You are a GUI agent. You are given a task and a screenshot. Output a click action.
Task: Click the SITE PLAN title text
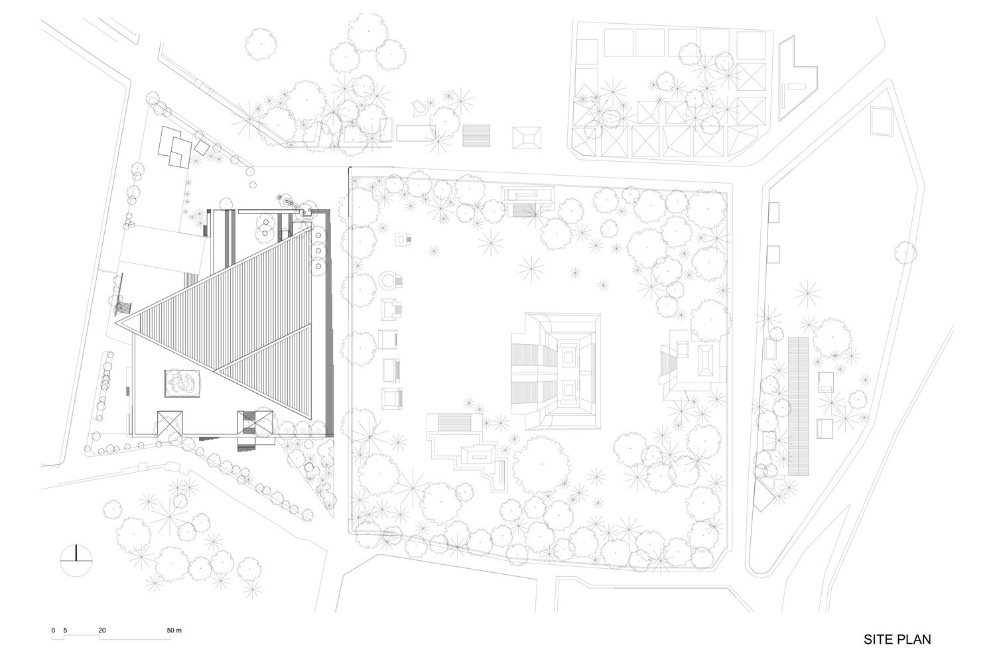click(x=897, y=640)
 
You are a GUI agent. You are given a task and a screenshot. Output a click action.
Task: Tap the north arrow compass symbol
click(x=76, y=560)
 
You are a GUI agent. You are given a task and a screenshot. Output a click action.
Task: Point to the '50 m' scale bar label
click(x=174, y=630)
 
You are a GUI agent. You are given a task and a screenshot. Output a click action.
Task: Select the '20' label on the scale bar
click(x=102, y=630)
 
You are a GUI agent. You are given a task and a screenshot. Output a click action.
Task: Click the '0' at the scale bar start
click(x=53, y=630)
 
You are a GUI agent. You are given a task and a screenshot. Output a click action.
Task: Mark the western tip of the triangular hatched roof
click(x=115, y=324)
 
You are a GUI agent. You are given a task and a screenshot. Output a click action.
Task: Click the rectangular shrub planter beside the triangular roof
click(x=182, y=383)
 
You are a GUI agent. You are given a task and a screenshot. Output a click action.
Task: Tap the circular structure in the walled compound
click(x=389, y=280)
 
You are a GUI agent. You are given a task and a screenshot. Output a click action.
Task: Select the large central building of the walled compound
click(x=555, y=371)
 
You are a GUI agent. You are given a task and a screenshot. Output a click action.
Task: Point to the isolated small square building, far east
click(x=882, y=121)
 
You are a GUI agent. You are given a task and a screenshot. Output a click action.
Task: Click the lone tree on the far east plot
click(x=905, y=252)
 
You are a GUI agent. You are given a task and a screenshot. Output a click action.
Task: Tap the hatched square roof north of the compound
click(x=476, y=136)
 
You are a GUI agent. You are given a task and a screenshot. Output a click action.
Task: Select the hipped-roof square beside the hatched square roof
click(x=527, y=138)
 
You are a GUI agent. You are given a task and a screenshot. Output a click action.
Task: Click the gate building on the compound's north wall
click(x=529, y=201)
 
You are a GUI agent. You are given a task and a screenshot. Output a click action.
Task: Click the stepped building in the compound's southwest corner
click(x=466, y=451)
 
